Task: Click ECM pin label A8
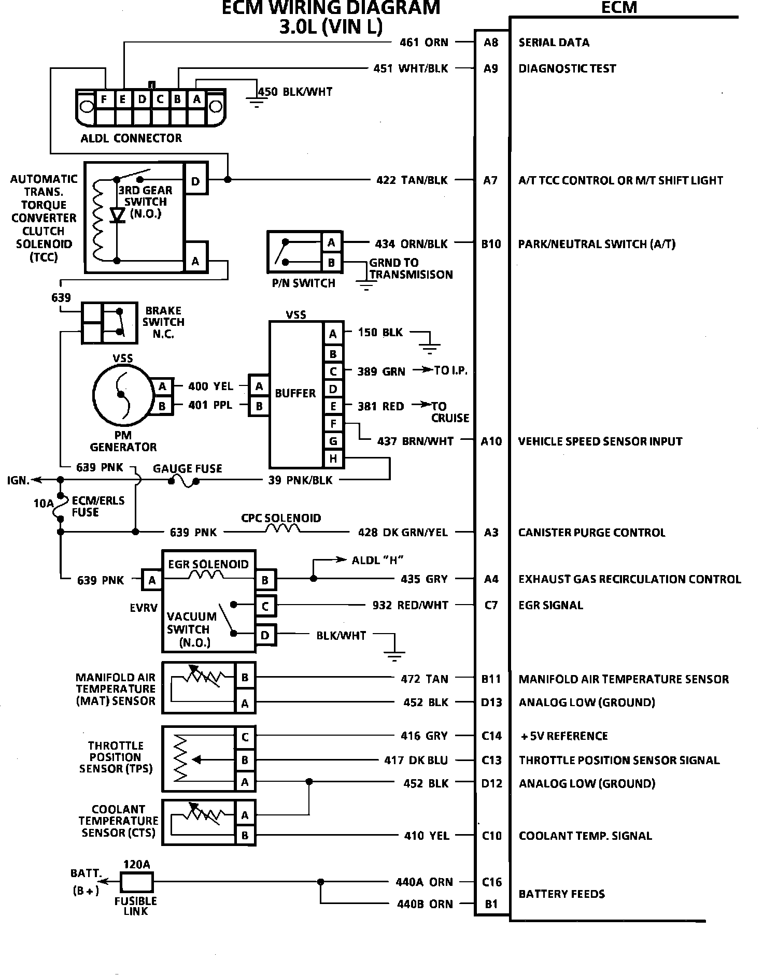[490, 42]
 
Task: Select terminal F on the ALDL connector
[104, 99]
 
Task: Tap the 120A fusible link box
[137, 882]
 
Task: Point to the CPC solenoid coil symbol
[283, 529]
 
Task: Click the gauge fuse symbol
[183, 481]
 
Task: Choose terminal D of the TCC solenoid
[196, 181]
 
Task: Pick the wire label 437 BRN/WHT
[415, 441]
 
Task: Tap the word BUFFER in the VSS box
[295, 393]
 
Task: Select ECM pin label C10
[491, 836]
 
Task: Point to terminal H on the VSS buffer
[333, 458]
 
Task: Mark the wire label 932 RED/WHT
[410, 605]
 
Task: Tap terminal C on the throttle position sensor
[245, 737]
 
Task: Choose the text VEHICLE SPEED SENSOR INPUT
[600, 441]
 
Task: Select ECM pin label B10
[491, 244]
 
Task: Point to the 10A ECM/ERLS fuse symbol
[61, 506]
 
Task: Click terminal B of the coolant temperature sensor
[245, 836]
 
